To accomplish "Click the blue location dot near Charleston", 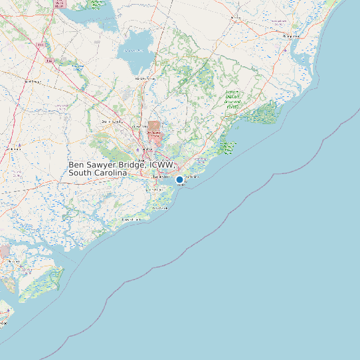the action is (179, 179).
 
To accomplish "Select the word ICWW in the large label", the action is (162, 164).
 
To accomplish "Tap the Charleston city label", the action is (161, 177).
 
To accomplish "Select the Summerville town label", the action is (112, 122).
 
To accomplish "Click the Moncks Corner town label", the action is (145, 79).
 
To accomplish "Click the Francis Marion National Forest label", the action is (232, 98).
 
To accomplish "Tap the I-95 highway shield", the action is (42, 45).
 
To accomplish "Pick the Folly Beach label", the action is (159, 208).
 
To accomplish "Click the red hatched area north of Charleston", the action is (154, 129).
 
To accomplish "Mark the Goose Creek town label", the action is (140, 126).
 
